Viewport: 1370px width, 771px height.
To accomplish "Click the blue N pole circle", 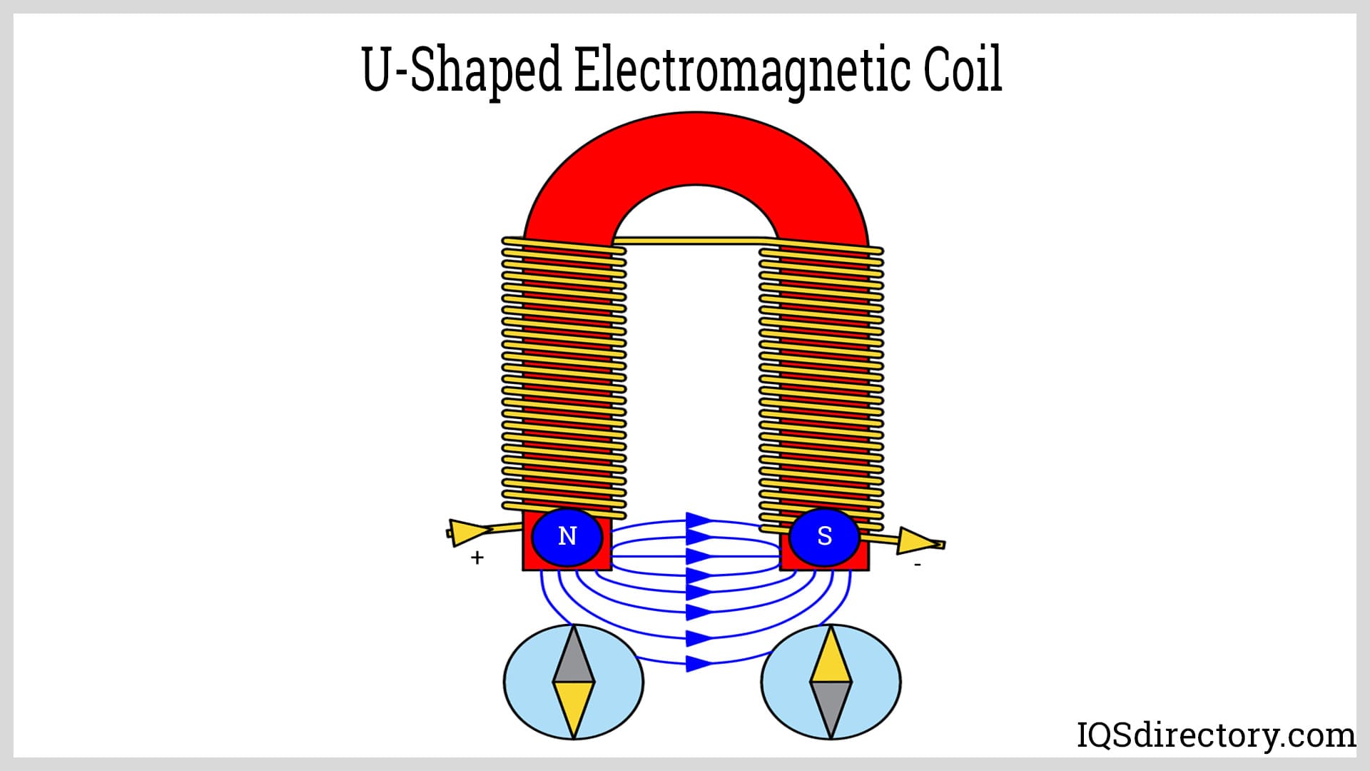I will pos(567,536).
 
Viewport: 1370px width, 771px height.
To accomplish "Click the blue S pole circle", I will pos(824,536).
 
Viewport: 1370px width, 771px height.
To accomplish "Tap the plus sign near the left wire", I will pos(477,558).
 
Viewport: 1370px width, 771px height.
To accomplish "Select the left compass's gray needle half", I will pos(573,656).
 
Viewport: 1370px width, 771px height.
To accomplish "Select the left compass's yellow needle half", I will pos(574,707).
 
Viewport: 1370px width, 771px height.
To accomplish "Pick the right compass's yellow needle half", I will pos(831,656).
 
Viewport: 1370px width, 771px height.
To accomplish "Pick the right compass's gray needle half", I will pos(831,707).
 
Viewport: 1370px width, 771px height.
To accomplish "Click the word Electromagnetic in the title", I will pos(742,70).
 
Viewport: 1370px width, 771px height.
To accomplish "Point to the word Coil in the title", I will pos(963,70).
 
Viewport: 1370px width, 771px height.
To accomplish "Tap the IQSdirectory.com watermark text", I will pos(1215,735).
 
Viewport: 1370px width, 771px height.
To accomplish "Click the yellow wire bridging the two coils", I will pos(696,241).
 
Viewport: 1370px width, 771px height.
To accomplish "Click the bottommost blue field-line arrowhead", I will pos(698,664).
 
